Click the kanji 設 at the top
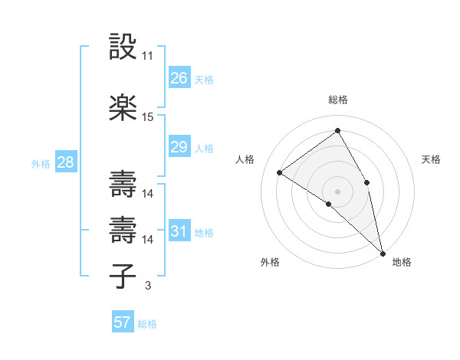click(123, 47)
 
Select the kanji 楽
click(123, 108)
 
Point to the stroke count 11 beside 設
click(148, 56)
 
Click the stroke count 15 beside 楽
click(148, 117)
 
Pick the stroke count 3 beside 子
click(147, 286)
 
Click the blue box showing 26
click(179, 78)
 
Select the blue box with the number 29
click(179, 147)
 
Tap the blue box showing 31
click(179, 231)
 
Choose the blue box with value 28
click(65, 162)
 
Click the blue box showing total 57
click(123, 322)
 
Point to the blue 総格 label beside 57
click(147, 324)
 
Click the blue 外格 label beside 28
click(41, 163)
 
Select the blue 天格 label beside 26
click(204, 80)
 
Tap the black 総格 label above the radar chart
click(338, 100)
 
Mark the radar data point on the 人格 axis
click(280, 172)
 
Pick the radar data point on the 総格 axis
click(338, 130)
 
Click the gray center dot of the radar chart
click(338, 191)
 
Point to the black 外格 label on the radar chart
click(270, 262)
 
